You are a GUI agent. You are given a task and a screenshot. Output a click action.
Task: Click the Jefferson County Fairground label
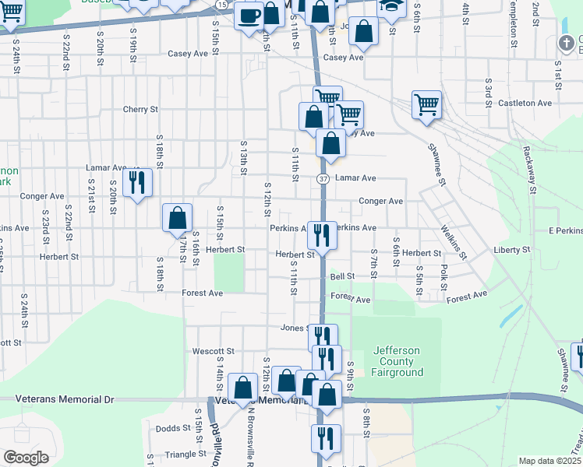pos(397,361)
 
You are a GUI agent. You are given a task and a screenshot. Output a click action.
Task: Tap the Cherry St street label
pos(140,110)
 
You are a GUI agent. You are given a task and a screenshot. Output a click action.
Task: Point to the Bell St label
pos(342,276)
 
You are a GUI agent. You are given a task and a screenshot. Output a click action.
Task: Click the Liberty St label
pos(512,251)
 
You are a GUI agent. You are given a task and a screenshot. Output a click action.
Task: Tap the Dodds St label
pos(173,428)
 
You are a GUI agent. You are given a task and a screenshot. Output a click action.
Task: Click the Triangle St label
pos(183,454)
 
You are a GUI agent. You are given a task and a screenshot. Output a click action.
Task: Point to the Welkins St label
pos(453,242)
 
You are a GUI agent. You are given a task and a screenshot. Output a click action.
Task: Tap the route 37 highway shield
pos(323,178)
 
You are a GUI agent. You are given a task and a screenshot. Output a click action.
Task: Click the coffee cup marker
pos(249,16)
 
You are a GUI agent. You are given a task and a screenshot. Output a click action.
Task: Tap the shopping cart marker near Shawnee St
pos(426,104)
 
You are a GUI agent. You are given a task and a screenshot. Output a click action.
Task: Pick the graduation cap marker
pos(392,8)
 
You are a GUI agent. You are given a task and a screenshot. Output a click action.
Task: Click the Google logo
pos(26,458)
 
